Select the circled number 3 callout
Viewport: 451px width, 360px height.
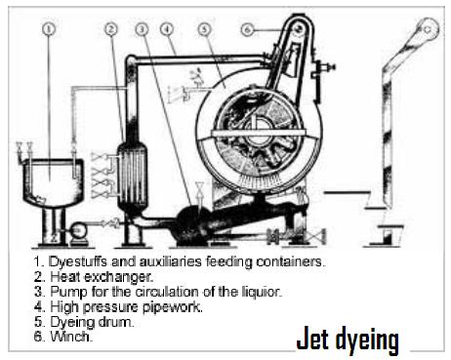tap(143, 30)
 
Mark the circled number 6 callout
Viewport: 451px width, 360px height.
tap(249, 30)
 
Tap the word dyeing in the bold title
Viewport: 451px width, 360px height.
tap(370, 340)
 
